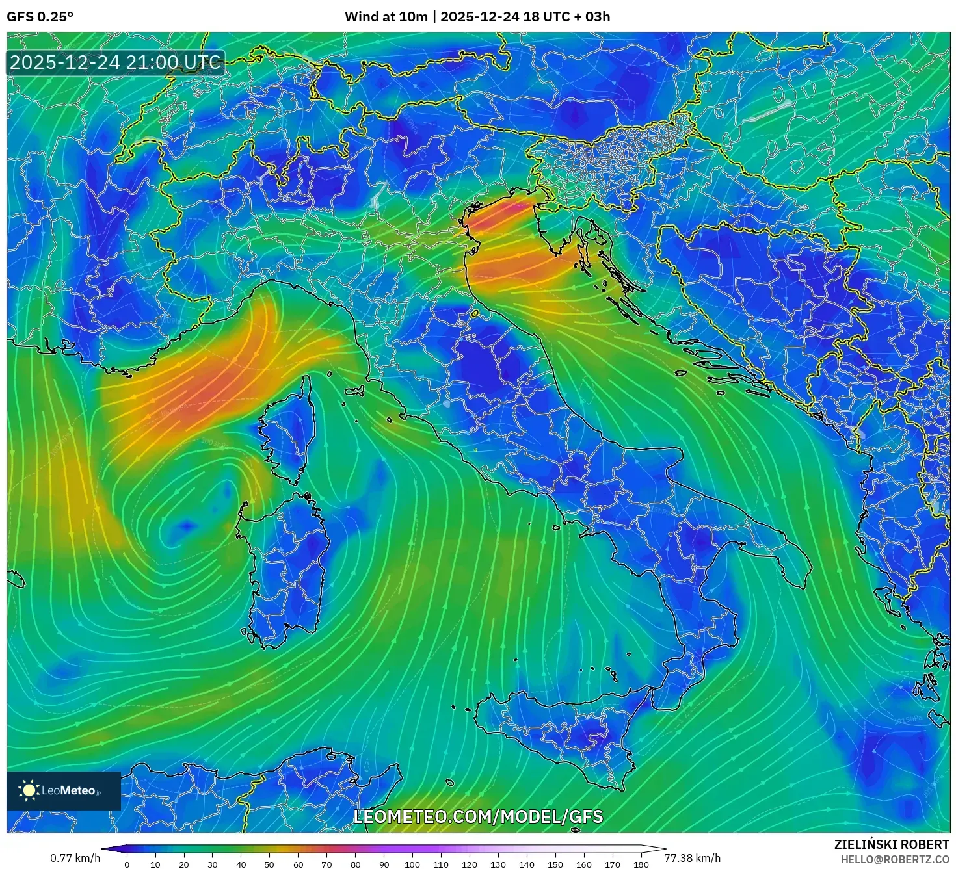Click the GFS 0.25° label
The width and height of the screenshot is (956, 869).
pyautogui.click(x=40, y=17)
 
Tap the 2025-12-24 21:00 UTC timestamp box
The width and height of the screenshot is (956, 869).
pyautogui.click(x=115, y=63)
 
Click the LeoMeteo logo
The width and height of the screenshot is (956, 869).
pyautogui.click(x=64, y=790)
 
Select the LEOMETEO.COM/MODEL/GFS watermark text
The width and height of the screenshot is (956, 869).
pyautogui.click(x=478, y=816)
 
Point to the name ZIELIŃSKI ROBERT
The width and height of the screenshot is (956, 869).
pyautogui.click(x=892, y=844)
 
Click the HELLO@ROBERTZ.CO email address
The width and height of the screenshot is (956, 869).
pyautogui.click(x=895, y=859)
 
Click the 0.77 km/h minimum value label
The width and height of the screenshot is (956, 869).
pyautogui.click(x=75, y=858)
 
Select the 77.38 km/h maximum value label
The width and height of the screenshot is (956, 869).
pyautogui.click(x=692, y=858)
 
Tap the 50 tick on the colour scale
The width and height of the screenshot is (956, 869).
pyautogui.click(x=269, y=864)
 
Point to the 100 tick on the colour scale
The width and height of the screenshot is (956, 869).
pyautogui.click(x=412, y=864)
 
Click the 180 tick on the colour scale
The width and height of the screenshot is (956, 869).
pyautogui.click(x=641, y=864)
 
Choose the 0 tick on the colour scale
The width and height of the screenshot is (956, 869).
pyautogui.click(x=127, y=864)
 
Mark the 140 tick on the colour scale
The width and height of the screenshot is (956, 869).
pyautogui.click(x=527, y=864)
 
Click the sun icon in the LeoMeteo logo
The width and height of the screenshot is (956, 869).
pyautogui.click(x=29, y=790)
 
